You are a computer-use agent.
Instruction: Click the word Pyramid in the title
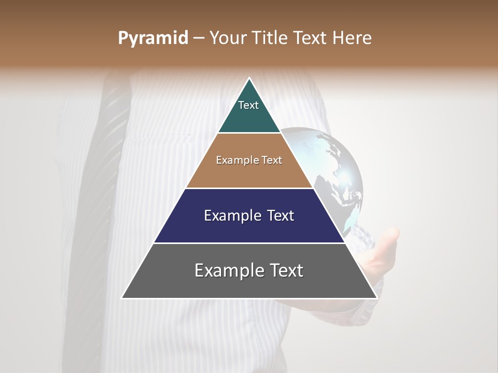[x=153, y=38]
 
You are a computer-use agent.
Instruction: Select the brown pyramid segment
[x=249, y=174]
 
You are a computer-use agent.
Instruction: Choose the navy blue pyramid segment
[x=249, y=228]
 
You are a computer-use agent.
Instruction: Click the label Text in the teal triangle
[x=248, y=105]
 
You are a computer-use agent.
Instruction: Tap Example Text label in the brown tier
[x=249, y=160]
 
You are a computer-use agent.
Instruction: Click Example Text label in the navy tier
[x=249, y=216]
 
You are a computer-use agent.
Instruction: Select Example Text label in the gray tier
[x=249, y=270]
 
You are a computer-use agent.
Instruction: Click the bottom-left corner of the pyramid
[x=123, y=297]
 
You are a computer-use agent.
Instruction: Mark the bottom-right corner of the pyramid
[x=376, y=297]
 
